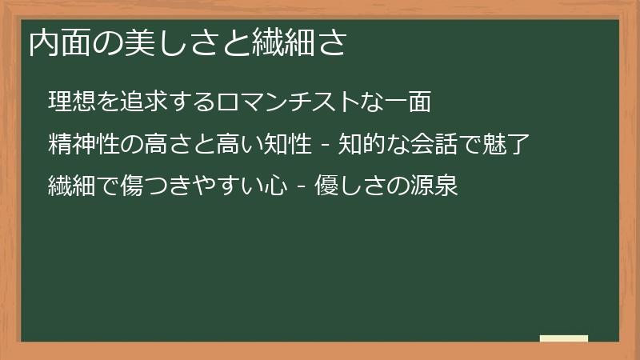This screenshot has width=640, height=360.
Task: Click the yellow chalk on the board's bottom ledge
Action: click(x=563, y=338)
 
